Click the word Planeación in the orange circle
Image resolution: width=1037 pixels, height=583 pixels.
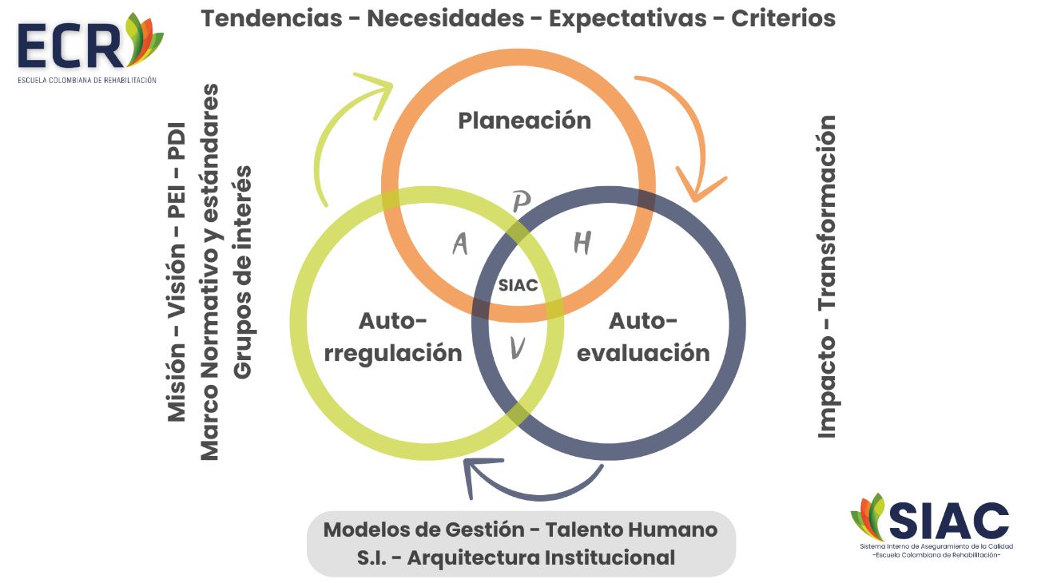(524, 121)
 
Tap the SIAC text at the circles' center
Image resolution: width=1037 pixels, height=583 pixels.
(518, 285)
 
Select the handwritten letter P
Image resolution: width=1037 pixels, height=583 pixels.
(521, 203)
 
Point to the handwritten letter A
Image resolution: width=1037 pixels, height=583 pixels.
(460, 244)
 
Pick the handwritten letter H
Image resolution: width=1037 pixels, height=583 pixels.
(582, 243)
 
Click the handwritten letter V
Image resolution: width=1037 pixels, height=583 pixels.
(518, 347)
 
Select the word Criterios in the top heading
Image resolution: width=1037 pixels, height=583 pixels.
(784, 18)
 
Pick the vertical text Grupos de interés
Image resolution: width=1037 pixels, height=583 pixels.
(242, 272)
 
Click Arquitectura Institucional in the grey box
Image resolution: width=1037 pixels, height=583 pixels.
(541, 557)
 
